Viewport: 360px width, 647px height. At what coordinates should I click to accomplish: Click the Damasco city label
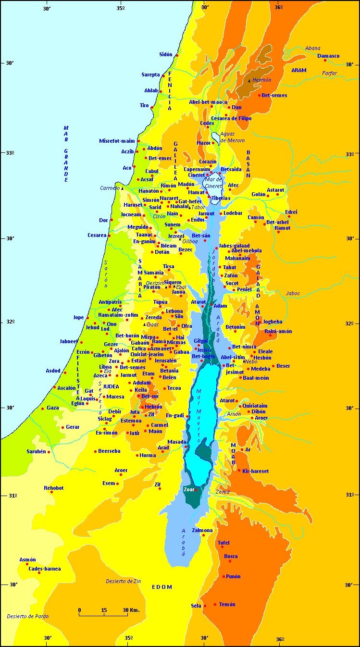(x=328, y=56)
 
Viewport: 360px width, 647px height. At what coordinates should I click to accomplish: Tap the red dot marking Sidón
(x=177, y=55)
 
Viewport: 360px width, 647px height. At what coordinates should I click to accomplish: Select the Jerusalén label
(x=165, y=361)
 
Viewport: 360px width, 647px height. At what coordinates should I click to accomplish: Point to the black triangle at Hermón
(x=249, y=81)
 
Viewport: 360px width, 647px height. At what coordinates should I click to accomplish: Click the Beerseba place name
(x=109, y=451)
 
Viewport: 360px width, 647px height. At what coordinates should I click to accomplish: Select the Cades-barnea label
(x=44, y=569)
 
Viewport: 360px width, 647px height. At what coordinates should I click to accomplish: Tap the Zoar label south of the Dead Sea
(x=188, y=489)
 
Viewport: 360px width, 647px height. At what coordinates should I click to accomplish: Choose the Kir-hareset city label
(x=255, y=471)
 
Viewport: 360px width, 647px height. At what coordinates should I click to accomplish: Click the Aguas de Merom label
(x=233, y=137)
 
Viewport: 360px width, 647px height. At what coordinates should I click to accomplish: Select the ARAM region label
(x=298, y=70)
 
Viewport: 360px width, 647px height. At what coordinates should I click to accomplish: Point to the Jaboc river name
(x=293, y=293)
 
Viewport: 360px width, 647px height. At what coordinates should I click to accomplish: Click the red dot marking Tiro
(x=152, y=107)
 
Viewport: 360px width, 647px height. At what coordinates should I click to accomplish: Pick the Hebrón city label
(x=153, y=407)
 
